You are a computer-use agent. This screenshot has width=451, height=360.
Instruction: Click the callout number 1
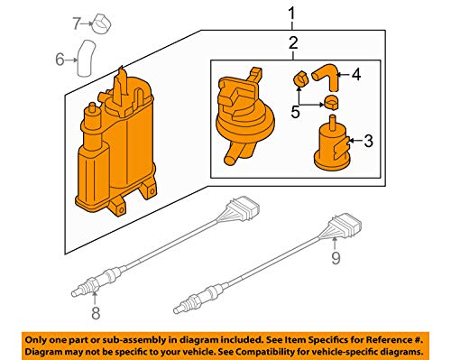point(291,14)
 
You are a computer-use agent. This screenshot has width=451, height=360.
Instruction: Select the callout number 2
point(293,42)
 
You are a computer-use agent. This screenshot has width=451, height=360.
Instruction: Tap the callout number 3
point(368,141)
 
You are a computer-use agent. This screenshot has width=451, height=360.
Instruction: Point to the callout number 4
point(356,74)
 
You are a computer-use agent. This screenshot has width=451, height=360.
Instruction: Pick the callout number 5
point(295,112)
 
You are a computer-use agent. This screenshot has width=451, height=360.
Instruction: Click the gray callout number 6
point(60,60)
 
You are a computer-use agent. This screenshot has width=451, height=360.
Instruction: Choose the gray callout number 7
point(77,23)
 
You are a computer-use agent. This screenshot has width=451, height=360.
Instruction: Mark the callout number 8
point(96,313)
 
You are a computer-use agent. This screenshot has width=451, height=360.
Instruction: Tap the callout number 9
point(336,258)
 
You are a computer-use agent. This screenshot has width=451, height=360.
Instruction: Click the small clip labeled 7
point(101,24)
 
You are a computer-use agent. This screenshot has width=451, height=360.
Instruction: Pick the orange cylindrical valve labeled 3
point(331,144)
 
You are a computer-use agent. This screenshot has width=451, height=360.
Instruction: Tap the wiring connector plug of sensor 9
point(345,225)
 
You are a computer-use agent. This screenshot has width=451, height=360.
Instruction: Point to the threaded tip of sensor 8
point(76,292)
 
